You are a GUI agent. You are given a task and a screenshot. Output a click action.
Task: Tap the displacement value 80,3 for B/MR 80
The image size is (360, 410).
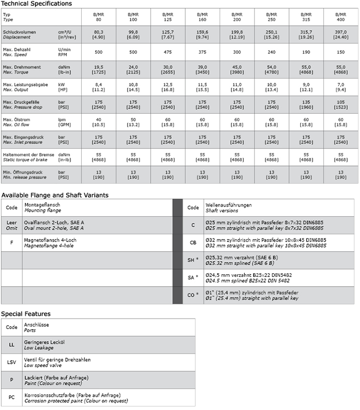click(x=99, y=34)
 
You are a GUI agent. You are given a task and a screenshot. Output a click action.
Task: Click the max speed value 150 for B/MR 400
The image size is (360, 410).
click(x=340, y=52)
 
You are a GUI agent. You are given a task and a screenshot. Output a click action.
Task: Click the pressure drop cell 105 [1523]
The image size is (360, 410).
click(x=340, y=105)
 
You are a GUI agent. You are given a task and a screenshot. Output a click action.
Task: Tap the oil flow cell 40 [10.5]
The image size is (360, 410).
click(x=99, y=122)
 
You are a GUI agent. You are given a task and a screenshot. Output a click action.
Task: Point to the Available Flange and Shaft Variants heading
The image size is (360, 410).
click(x=55, y=195)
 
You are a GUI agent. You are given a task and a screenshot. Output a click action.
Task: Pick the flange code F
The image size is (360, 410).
click(x=11, y=242)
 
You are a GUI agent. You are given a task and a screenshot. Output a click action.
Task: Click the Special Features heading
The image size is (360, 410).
click(x=26, y=313)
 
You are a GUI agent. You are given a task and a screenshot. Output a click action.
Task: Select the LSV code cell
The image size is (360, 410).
click(x=11, y=362)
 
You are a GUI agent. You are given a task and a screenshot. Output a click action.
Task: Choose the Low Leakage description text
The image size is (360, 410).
click(x=40, y=347)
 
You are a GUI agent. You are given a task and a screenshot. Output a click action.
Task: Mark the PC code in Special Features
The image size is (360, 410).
click(x=11, y=397)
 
